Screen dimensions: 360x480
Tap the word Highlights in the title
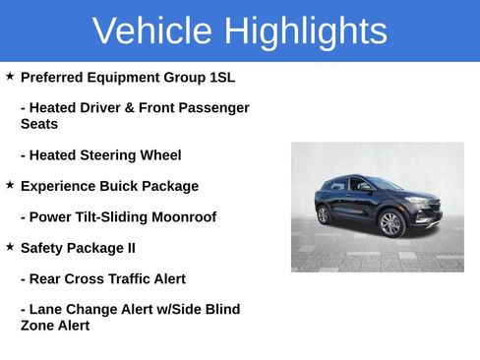coord(305,31)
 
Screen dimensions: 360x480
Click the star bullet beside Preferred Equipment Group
coord(10,76)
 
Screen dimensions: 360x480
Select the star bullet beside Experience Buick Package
coord(10,185)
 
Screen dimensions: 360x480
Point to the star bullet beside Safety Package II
coord(10,247)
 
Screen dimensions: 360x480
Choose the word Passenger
coord(211,108)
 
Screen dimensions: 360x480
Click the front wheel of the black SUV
coord(391,224)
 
